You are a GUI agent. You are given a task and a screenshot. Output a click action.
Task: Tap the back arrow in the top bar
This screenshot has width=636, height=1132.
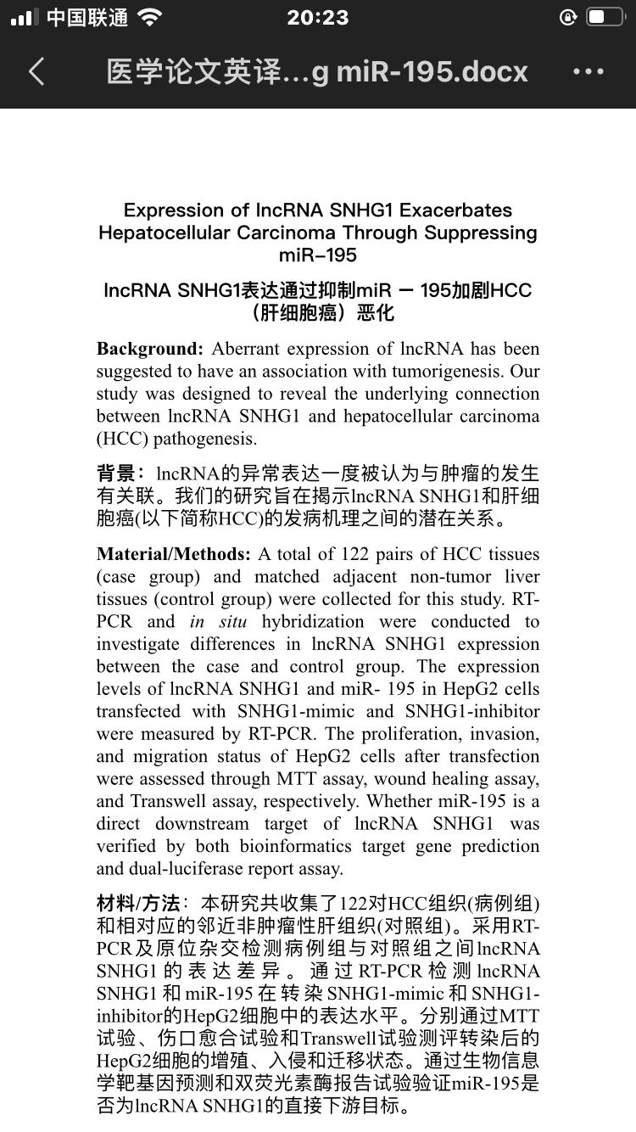tap(36, 72)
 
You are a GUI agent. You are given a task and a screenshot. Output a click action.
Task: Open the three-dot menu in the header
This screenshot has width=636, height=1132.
tap(589, 72)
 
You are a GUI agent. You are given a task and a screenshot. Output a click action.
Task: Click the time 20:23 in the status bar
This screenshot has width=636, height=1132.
tap(318, 18)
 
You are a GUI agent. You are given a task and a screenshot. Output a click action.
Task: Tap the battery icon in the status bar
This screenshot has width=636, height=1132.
tap(605, 18)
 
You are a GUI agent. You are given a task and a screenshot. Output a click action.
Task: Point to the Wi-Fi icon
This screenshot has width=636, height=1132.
tap(151, 18)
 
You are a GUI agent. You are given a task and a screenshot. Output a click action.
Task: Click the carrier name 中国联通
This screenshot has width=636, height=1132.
tap(87, 18)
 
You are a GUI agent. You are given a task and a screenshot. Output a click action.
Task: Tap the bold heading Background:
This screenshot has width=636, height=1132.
tap(150, 349)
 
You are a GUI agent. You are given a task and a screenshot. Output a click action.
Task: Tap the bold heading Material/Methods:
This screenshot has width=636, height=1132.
tap(174, 554)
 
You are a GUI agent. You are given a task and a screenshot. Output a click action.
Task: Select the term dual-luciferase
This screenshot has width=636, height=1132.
tap(187, 868)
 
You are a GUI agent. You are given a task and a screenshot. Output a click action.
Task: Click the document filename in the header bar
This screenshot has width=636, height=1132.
tap(317, 72)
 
